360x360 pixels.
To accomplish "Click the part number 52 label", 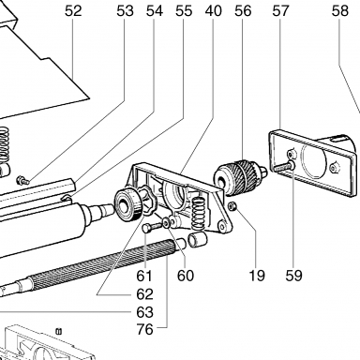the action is (73, 11).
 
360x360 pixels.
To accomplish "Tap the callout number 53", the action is (125, 11).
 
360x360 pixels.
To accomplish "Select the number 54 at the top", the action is (155, 11).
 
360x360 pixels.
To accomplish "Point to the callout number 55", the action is (184, 11).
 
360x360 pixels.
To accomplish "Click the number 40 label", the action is (214, 11).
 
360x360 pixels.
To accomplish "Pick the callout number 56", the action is (243, 11).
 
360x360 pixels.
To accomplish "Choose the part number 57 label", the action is (280, 11).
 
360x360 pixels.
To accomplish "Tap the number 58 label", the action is (340, 11).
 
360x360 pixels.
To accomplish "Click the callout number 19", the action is (257, 276).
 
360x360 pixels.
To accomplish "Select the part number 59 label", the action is (293, 276).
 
